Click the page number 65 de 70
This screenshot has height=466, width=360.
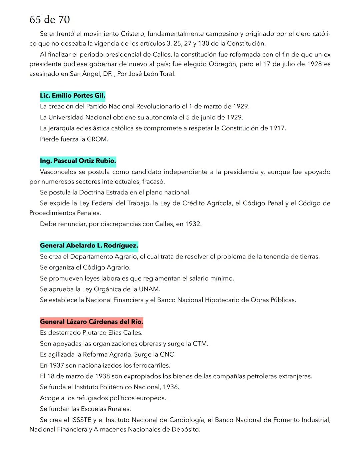pos(50,20)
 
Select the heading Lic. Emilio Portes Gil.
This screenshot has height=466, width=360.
pos(72,96)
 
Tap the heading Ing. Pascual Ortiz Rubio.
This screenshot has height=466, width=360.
pos(78,161)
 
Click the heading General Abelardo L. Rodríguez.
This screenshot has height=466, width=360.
pos(89,246)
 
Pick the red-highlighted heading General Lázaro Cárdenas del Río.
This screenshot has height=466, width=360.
pos(91,322)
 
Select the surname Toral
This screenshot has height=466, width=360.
pos(167,74)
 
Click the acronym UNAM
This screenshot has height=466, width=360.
pos(149,289)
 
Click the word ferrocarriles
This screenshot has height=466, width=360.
pos(152,366)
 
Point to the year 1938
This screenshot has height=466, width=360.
pos(102,376)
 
